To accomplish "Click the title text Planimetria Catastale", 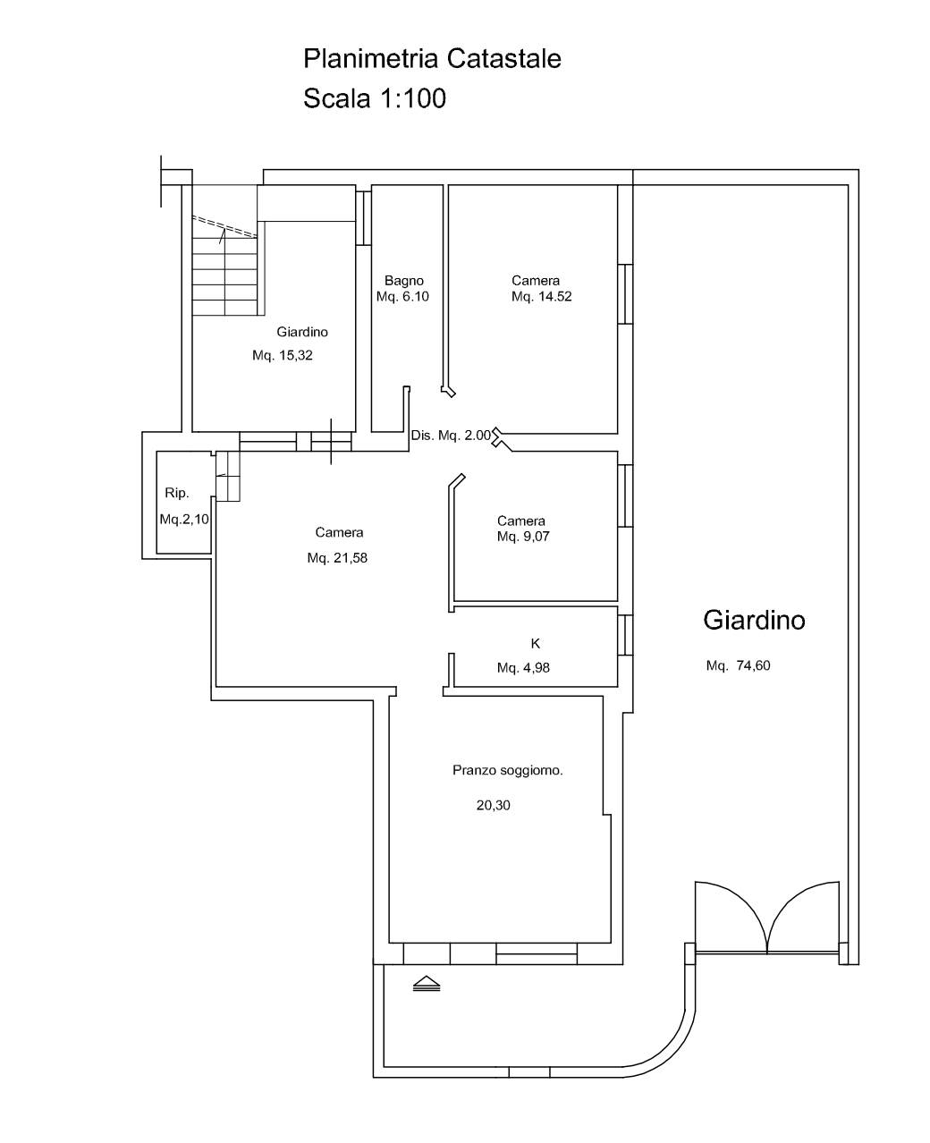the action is [432, 58].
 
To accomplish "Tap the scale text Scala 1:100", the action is [375, 98].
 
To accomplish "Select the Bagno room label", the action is [404, 280].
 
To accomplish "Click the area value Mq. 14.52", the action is [541, 296].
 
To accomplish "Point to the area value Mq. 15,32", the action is [282, 355].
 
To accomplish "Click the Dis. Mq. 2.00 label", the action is [451, 436].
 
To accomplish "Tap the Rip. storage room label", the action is [176, 493].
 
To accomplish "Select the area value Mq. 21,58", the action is [337, 558].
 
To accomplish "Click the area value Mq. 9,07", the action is [523, 536].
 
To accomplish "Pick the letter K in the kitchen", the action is [535, 643].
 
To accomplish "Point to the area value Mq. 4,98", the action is [523, 667].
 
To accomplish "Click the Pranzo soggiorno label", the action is [507, 770].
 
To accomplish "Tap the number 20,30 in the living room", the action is [493, 805].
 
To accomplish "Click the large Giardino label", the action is [754, 620].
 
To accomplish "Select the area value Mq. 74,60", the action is [738, 665].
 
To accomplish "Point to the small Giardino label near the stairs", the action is [302, 332].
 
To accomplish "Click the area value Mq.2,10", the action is [184, 519].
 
